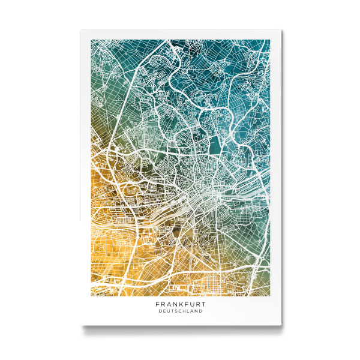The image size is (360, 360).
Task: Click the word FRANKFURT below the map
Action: (x=180, y=305)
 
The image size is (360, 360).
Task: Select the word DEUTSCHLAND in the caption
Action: (x=180, y=311)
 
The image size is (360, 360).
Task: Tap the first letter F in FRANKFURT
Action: (x=157, y=305)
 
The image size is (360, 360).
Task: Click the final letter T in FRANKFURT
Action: (x=203, y=305)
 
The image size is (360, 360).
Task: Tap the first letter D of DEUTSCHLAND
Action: (x=160, y=311)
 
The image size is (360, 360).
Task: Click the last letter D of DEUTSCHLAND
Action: (x=200, y=311)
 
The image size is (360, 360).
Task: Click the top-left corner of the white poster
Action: (x=80, y=29)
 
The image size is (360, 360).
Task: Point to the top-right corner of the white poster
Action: (x=280, y=29)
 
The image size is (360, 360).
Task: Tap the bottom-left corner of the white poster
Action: (x=80, y=326)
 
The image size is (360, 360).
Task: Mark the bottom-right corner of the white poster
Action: (x=280, y=326)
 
